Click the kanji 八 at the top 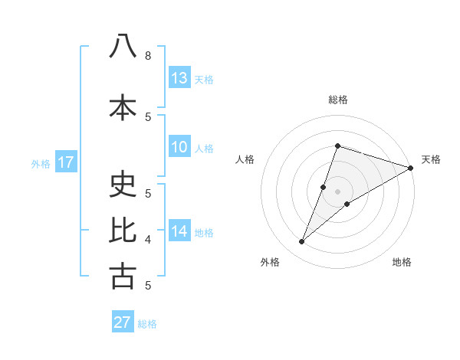click(x=123, y=47)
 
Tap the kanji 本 click(x=123, y=108)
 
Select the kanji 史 click(x=123, y=185)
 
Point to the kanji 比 click(x=123, y=231)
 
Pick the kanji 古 click(x=123, y=277)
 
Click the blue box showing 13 click(x=179, y=78)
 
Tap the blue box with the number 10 click(x=179, y=147)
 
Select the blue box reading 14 click(x=179, y=231)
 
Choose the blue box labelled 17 click(x=65, y=162)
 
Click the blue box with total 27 click(x=123, y=322)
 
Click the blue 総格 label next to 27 click(x=147, y=324)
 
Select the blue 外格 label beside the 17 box click(x=41, y=163)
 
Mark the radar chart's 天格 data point click(x=410, y=168)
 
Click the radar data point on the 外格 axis click(x=302, y=242)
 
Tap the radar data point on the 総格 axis click(x=337, y=146)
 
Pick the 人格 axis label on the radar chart click(x=245, y=159)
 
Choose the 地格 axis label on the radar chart click(x=402, y=263)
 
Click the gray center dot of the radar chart click(x=337, y=191)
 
